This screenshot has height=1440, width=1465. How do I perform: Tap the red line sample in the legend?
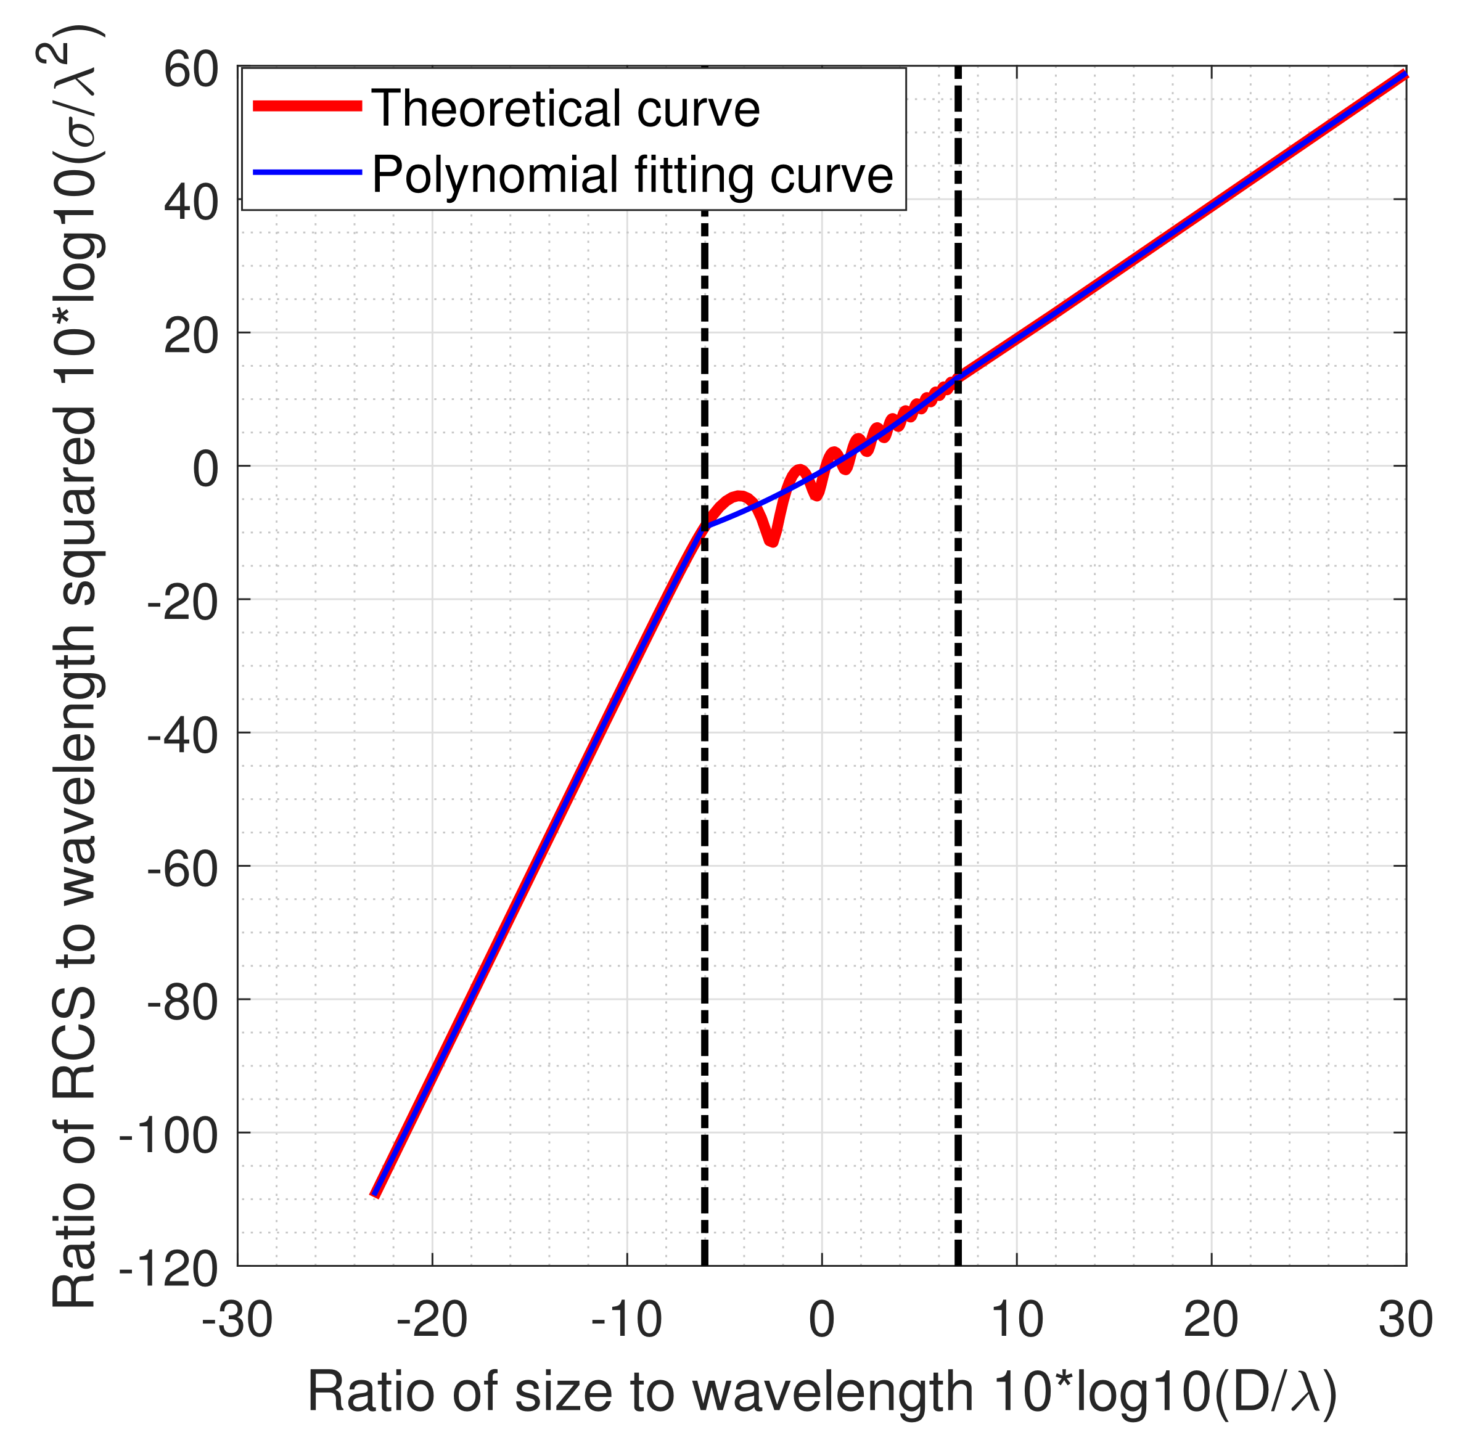(x=306, y=107)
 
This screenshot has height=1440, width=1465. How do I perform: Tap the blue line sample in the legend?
(x=306, y=173)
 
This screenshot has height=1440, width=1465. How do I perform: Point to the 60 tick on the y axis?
(x=191, y=72)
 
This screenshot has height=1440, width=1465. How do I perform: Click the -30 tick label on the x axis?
(x=237, y=1320)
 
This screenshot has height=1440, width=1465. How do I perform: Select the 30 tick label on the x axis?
(x=1405, y=1320)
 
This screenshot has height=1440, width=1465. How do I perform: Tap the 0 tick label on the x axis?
(x=821, y=1320)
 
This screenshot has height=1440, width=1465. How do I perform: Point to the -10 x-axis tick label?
(x=626, y=1320)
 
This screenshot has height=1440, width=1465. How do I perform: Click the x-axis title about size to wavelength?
(x=821, y=1391)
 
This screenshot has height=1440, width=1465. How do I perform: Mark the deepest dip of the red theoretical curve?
(x=771, y=540)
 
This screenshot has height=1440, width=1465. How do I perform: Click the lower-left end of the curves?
(x=375, y=1194)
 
